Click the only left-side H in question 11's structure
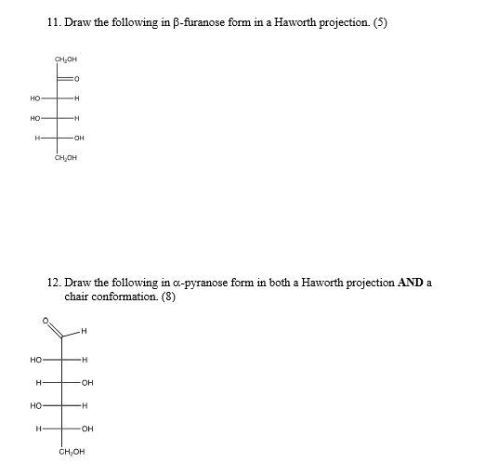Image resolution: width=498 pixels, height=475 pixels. tap(37, 139)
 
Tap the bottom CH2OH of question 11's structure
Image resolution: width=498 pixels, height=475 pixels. tap(65, 159)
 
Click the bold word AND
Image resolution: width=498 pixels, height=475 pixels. tap(411, 283)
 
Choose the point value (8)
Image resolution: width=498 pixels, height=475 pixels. tap(167, 297)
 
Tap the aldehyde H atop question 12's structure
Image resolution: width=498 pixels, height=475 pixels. tap(84, 330)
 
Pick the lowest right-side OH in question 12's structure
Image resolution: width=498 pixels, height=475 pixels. tap(86, 428)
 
